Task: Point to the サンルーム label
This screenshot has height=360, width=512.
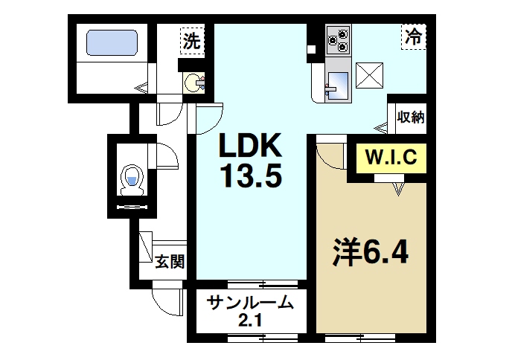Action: (x=246, y=303)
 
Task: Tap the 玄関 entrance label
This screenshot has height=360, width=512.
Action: (x=170, y=261)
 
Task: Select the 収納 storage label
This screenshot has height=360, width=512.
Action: (x=411, y=117)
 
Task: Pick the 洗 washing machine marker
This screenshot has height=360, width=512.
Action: (x=192, y=41)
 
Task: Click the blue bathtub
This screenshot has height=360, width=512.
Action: (x=112, y=42)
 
